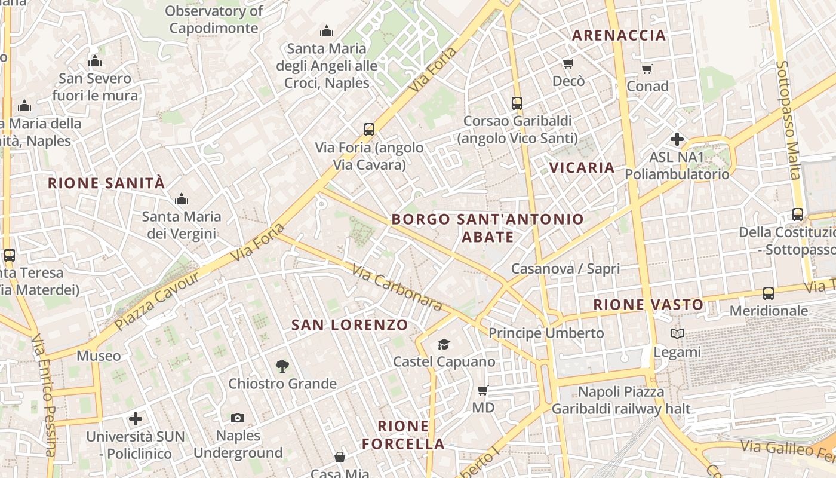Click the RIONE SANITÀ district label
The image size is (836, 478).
pyautogui.click(x=106, y=183)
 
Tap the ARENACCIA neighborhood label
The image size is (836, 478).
pyautogui.click(x=619, y=35)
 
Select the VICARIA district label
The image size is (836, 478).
pyautogui.click(x=582, y=167)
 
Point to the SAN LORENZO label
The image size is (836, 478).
pyautogui.click(x=350, y=325)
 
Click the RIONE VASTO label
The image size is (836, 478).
pyautogui.click(x=648, y=305)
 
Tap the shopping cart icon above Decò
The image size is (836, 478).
pyautogui.click(x=568, y=64)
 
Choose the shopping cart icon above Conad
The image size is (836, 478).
pyautogui.click(x=647, y=69)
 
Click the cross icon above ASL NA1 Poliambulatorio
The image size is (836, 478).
pyautogui.click(x=677, y=139)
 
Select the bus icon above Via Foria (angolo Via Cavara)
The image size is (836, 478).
pyautogui.click(x=369, y=129)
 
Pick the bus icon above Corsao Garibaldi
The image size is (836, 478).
pyautogui.click(x=517, y=103)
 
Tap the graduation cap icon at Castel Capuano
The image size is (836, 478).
pyautogui.click(x=444, y=344)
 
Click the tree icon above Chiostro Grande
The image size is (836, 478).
pyautogui.click(x=282, y=366)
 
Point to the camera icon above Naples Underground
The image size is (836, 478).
pyautogui.click(x=238, y=418)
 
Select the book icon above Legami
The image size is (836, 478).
pyautogui.click(x=677, y=333)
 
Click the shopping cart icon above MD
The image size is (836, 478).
pyautogui.click(x=483, y=391)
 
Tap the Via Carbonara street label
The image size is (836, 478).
pyautogui.click(x=397, y=288)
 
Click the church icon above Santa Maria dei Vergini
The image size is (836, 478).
pyautogui.click(x=181, y=199)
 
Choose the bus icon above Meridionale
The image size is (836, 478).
pyautogui.click(x=769, y=293)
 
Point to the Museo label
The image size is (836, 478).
pyautogui.click(x=99, y=356)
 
